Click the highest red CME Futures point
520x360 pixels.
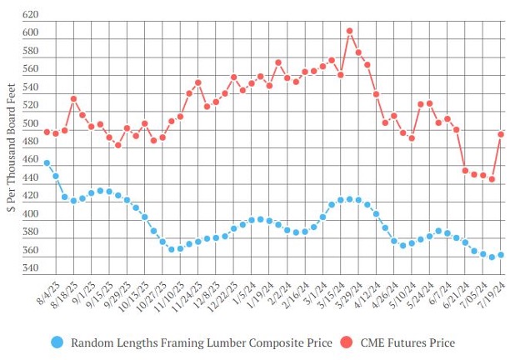tap(350, 31)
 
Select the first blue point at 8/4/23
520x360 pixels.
tap(47, 163)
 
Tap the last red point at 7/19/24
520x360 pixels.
tap(502, 134)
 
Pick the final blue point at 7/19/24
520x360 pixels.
tap(502, 255)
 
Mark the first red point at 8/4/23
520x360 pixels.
tap(47, 132)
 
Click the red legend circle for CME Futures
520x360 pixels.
tap(344, 342)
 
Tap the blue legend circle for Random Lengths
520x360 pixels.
tap(57, 342)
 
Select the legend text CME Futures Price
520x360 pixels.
tap(407, 342)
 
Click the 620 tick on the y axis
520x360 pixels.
tap(31, 16)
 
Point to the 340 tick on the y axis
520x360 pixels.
tap(31, 268)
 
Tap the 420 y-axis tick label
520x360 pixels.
tap(31, 197)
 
